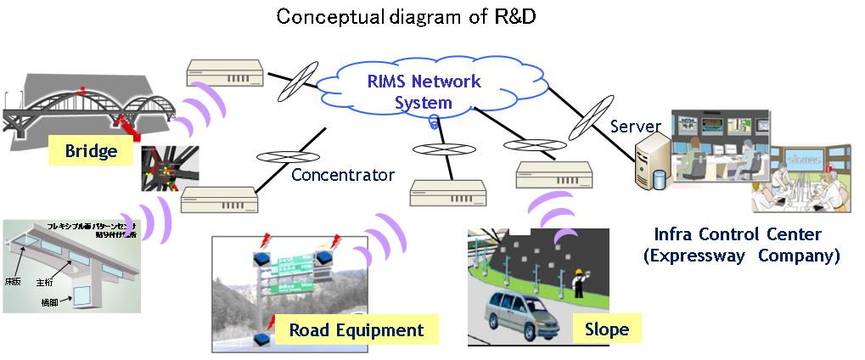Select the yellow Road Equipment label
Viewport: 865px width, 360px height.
coord(355,329)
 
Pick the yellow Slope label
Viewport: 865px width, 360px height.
coord(606,329)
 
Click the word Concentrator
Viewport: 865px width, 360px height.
coord(343,176)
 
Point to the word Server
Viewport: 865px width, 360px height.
coord(637,127)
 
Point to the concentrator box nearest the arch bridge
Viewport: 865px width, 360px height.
coord(223,74)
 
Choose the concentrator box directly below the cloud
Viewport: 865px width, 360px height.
coord(447,193)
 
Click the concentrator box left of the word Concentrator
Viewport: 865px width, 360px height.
coord(219,200)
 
